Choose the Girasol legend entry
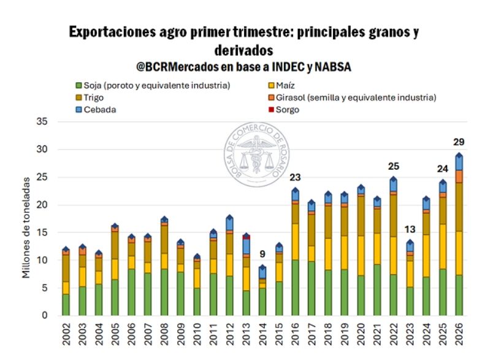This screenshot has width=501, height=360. pos(355,98)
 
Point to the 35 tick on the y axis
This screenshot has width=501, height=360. pos(42,121)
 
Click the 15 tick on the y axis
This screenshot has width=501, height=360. pos(42,232)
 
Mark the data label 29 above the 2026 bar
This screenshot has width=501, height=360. pos(459,142)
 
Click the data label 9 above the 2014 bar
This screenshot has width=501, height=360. pos(262,255)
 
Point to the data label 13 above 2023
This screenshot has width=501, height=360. pos(410,229)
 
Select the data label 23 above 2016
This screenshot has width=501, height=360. pos(294,177)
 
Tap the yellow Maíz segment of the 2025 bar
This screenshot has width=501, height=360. pos(443,246)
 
